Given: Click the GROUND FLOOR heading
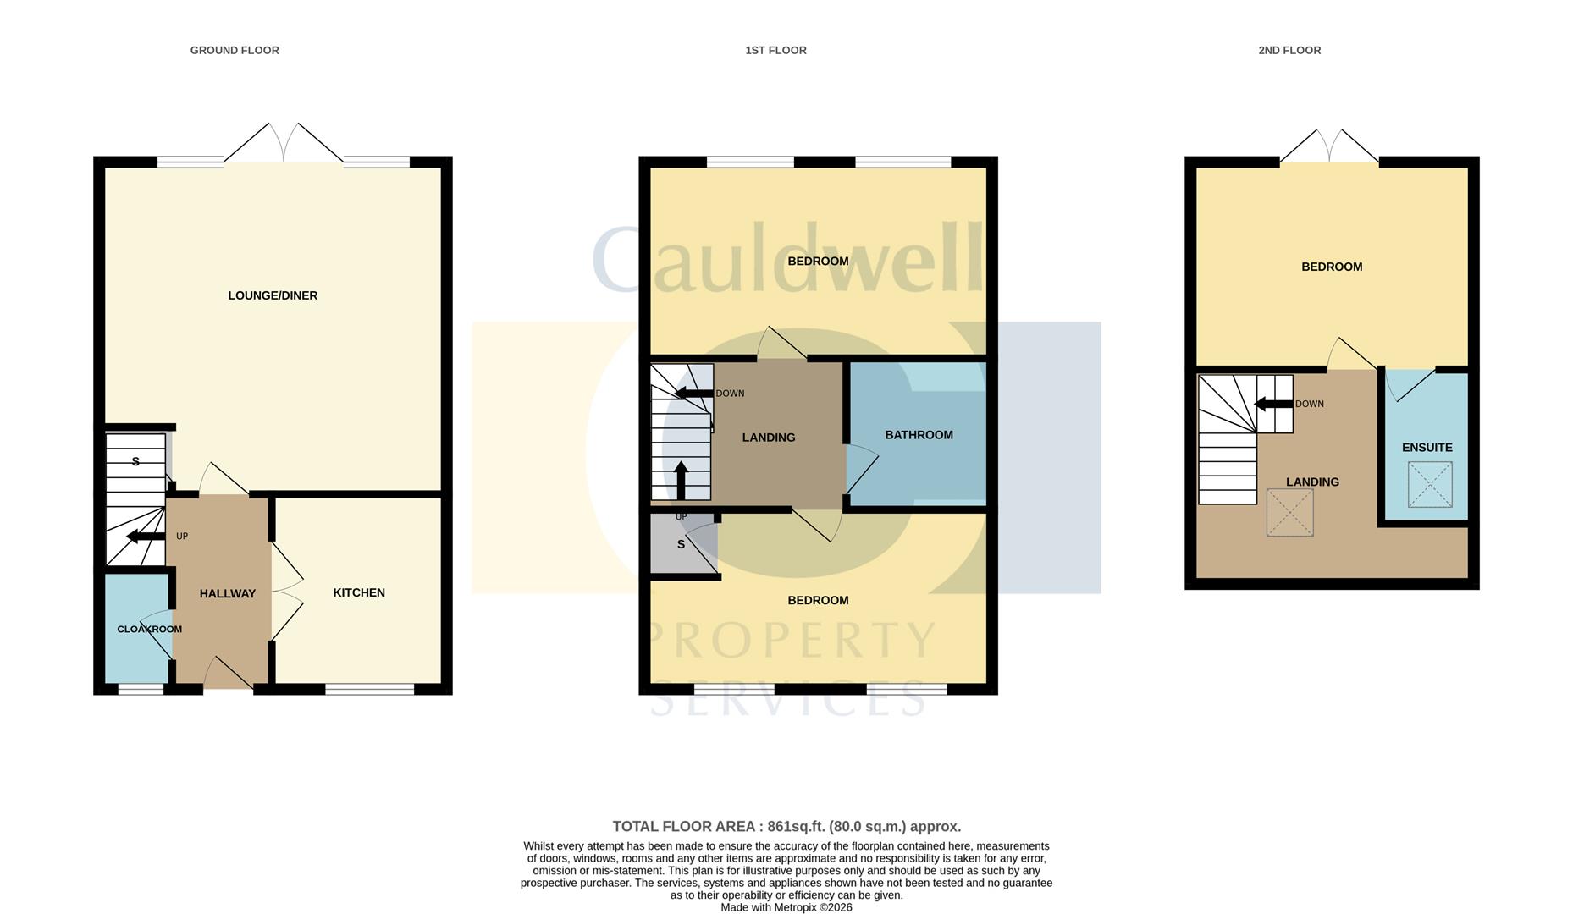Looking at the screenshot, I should click(x=235, y=51).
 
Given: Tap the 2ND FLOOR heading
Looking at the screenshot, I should click(x=1289, y=51).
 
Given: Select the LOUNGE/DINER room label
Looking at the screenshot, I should click(x=273, y=295).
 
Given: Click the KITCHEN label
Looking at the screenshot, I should click(x=359, y=592).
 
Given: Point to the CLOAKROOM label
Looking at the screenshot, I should click(x=149, y=629).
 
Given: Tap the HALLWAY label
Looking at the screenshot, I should click(x=227, y=593).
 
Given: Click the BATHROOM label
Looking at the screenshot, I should click(x=919, y=435).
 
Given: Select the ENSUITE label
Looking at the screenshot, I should click(x=1427, y=448).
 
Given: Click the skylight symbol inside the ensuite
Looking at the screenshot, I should click(x=1429, y=484).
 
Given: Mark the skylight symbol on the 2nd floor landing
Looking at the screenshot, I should click(x=1289, y=512).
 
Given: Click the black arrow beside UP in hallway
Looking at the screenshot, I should click(x=145, y=537).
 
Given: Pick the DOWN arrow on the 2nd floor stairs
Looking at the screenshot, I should click(x=1272, y=404).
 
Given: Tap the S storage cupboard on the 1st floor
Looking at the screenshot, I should click(x=682, y=545).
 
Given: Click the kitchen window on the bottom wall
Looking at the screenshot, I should click(x=369, y=690).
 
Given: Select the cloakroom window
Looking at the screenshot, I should click(x=141, y=690).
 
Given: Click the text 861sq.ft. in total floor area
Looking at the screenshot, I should click(x=796, y=827).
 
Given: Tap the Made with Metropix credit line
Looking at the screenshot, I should click(x=786, y=907).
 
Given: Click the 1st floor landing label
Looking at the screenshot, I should click(x=768, y=438).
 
